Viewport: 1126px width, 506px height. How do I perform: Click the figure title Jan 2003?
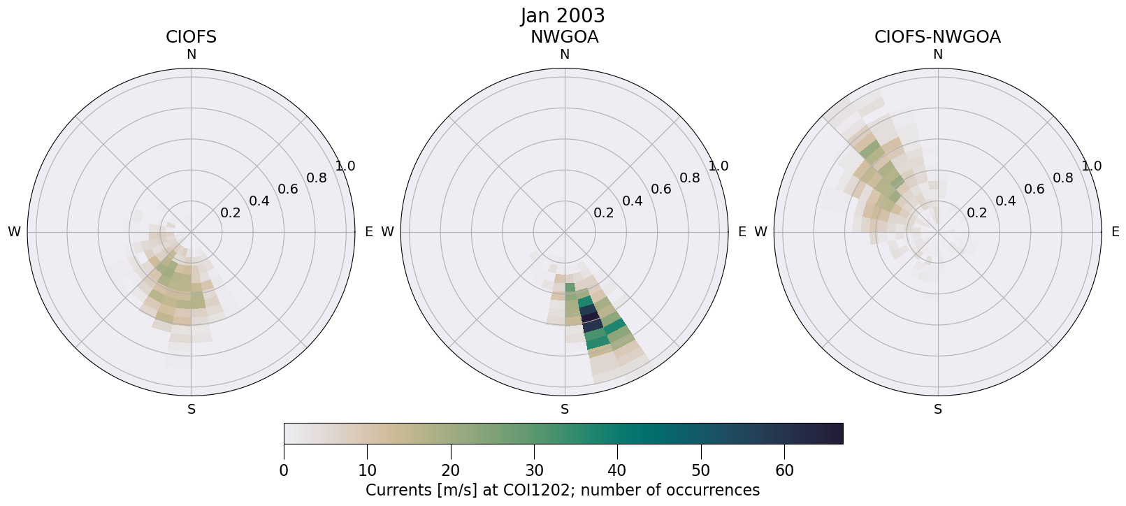click(563, 15)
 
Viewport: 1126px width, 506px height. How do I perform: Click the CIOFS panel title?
click(191, 37)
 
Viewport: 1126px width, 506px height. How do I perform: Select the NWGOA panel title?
click(564, 37)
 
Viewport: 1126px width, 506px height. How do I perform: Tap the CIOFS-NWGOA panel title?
click(937, 37)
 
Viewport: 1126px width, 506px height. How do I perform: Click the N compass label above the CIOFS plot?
click(191, 55)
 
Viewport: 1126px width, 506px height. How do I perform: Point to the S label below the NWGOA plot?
click(565, 410)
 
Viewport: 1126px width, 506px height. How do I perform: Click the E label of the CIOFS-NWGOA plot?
click(1116, 232)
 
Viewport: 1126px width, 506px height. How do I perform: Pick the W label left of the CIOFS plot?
click(14, 232)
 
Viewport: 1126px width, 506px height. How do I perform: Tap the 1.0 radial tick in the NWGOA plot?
click(719, 166)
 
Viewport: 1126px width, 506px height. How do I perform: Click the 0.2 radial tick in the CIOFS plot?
click(230, 213)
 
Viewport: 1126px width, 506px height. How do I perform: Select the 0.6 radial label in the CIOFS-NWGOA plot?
click(1034, 189)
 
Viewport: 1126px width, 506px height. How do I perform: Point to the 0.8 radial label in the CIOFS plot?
click(317, 178)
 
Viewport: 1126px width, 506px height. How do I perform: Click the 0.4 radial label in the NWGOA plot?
click(633, 201)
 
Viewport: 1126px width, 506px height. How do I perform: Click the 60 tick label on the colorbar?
click(784, 470)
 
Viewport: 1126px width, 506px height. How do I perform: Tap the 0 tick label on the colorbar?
click(284, 470)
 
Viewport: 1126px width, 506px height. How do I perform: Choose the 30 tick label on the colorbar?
click(534, 470)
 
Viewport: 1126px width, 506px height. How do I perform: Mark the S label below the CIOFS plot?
click(192, 410)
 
